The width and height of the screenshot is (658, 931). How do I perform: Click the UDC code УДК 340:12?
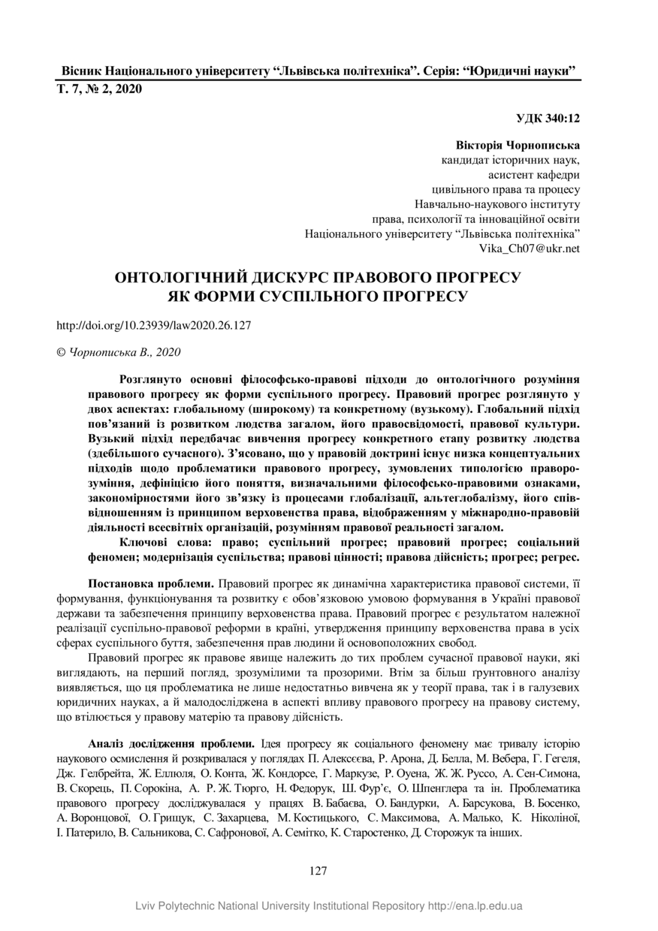548,118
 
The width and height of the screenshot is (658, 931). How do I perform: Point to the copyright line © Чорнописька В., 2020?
119,351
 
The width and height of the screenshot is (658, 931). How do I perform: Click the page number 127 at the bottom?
318,871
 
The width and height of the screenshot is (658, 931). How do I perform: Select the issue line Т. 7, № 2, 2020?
99,89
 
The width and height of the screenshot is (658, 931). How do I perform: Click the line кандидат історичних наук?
509,159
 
